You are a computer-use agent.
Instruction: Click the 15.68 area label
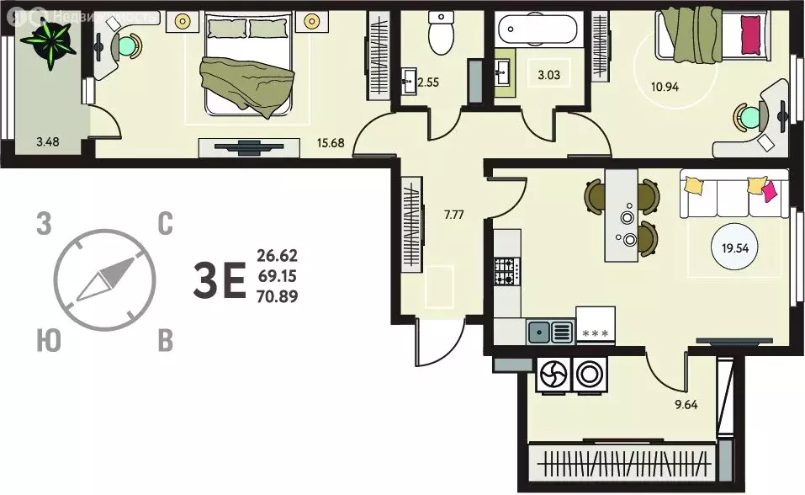click(330, 142)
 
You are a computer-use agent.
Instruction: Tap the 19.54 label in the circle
click(735, 249)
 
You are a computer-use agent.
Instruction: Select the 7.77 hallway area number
click(454, 215)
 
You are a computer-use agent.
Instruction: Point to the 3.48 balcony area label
click(48, 141)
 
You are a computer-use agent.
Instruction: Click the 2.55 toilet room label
click(428, 82)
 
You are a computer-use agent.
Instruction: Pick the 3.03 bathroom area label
click(548, 75)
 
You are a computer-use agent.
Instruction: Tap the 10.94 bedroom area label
click(665, 87)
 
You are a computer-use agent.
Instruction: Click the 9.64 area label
click(686, 405)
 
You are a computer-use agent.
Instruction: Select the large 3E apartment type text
click(220, 279)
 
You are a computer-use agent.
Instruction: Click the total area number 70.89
click(278, 296)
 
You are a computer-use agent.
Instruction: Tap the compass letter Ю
click(49, 340)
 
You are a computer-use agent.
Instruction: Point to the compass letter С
click(165, 224)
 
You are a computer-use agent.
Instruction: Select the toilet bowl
click(441, 32)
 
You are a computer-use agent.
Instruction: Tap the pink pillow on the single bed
click(750, 35)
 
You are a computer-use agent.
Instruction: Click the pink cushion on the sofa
click(769, 191)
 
